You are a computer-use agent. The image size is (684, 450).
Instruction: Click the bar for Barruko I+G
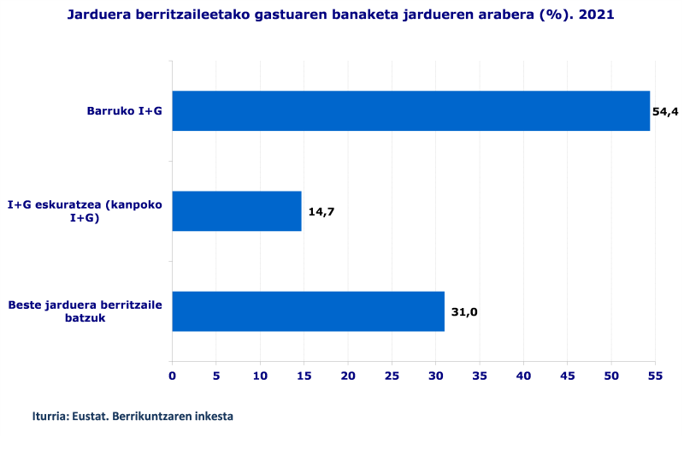(x=410, y=110)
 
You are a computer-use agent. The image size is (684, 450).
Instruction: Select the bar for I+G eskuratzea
(x=237, y=211)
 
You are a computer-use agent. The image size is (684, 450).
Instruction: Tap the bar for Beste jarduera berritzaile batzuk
(x=308, y=311)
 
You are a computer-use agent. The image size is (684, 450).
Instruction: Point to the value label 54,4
(x=664, y=112)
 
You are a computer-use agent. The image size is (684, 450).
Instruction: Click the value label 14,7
(x=321, y=212)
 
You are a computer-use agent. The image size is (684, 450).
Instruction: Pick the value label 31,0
(x=464, y=312)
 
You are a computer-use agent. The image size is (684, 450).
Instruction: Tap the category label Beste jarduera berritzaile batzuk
(x=85, y=311)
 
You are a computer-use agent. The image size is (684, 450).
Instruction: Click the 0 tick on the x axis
(x=172, y=375)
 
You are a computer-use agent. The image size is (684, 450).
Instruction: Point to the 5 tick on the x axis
(x=216, y=375)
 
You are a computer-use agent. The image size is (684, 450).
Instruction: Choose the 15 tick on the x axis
(x=304, y=375)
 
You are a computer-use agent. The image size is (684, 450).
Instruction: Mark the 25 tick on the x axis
(x=392, y=375)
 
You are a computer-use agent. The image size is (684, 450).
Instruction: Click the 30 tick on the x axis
(x=435, y=375)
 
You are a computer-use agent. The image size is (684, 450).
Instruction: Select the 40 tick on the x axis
(x=523, y=375)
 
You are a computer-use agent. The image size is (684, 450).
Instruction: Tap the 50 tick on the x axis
(x=611, y=375)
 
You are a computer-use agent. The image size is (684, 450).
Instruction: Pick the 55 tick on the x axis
(x=655, y=375)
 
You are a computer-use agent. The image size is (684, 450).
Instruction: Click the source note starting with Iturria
(x=133, y=416)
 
